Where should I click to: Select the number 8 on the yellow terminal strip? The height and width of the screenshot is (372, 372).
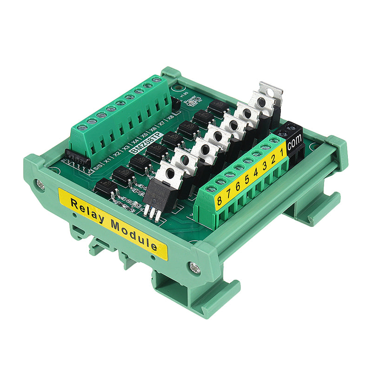pyautogui.click(x=219, y=196)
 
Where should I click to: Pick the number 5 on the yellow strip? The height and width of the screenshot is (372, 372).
pyautogui.click(x=247, y=177)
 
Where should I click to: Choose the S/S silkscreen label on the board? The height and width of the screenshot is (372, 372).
pyautogui.click(x=98, y=166)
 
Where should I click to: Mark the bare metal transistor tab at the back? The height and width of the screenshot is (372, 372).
pyautogui.click(x=271, y=92)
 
